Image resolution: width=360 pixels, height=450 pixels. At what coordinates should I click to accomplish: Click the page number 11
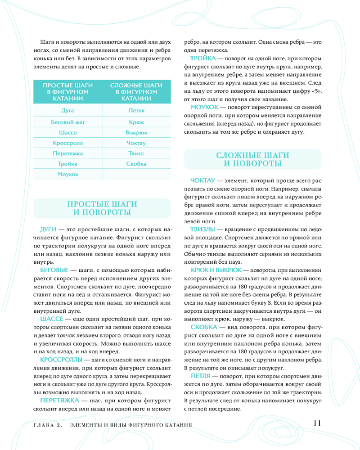point(316,423)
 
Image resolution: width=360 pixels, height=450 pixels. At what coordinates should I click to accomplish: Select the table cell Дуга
point(67,110)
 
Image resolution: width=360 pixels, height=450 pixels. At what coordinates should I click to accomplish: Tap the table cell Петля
point(136,110)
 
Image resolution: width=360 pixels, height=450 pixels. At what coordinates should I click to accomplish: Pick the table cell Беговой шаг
point(67,122)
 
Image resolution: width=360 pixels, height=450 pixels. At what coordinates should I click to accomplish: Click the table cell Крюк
point(136,122)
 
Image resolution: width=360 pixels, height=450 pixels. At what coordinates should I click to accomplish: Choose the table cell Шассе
point(67,133)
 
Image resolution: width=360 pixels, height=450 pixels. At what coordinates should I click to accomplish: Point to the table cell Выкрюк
point(136,133)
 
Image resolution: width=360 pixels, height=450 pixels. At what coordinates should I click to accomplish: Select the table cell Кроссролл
point(67,143)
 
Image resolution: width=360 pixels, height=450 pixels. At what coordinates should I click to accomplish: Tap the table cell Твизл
point(136,153)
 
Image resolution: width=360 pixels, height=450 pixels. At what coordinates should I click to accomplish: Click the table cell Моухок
point(67,174)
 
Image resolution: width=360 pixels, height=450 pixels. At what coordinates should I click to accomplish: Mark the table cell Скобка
point(136,164)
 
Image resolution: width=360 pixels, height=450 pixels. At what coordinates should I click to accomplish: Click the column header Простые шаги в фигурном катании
point(67,92)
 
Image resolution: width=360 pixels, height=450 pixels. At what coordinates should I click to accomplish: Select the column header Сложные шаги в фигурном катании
point(136,92)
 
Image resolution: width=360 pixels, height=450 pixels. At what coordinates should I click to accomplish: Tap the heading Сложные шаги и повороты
point(252,159)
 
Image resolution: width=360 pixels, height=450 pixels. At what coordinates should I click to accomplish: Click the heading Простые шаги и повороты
point(102,208)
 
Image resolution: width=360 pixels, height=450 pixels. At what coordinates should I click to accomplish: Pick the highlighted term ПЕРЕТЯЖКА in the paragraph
point(59,400)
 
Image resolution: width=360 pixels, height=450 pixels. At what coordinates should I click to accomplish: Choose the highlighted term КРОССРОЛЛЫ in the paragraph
point(61,360)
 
